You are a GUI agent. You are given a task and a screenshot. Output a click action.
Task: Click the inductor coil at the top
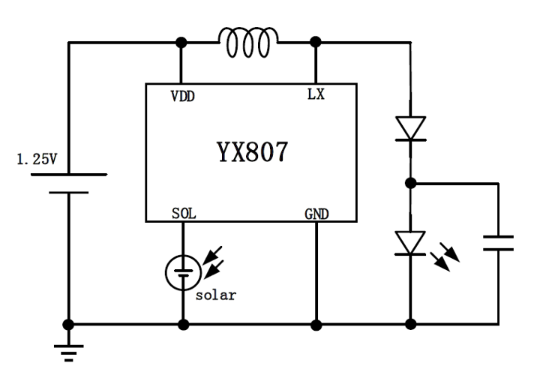[248, 40]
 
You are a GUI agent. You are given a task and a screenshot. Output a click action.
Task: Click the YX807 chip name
[248, 152]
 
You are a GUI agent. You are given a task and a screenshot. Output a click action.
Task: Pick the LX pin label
[315, 96]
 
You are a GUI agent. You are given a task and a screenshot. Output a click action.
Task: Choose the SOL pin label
[182, 214]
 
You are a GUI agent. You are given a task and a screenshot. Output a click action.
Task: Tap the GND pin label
[316, 214]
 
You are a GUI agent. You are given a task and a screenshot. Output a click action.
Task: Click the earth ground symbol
[68, 349]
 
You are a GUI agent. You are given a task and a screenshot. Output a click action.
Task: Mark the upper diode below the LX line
[410, 128]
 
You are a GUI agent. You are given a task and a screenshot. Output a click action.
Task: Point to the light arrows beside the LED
[447, 254]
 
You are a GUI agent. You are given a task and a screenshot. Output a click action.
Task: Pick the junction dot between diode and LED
[410, 182]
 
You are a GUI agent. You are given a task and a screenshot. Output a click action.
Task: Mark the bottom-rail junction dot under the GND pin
[316, 325]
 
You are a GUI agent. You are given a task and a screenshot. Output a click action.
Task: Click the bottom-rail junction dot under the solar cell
[182, 325]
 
